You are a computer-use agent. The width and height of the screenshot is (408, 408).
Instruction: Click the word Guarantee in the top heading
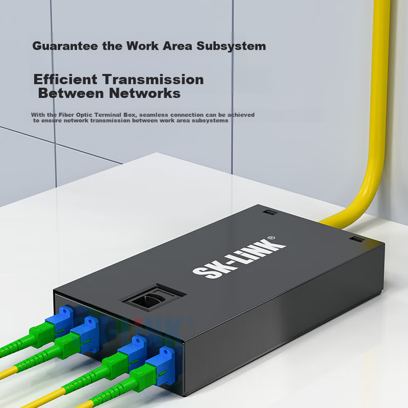[65, 46]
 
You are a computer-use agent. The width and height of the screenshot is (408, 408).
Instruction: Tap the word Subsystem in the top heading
[232, 46]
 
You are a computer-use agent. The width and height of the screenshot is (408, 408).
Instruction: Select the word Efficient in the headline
[65, 80]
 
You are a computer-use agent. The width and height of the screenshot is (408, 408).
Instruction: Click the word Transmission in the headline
[153, 80]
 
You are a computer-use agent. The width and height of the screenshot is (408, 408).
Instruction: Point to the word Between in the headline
[71, 93]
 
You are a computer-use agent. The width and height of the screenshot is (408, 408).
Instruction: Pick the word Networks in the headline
[145, 93]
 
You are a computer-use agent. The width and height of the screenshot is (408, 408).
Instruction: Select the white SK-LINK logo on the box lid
[239, 258]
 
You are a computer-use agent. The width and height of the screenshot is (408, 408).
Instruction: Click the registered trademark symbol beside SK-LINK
[271, 238]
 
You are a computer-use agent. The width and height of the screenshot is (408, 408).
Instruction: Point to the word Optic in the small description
[84, 115]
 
